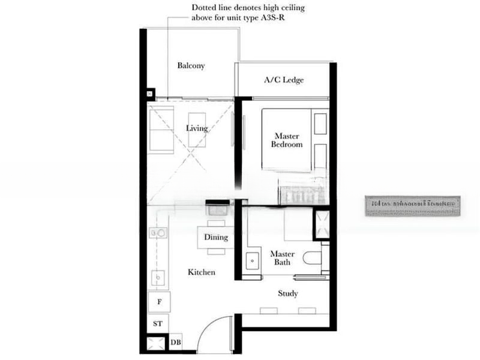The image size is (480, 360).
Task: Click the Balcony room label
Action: coord(191,66)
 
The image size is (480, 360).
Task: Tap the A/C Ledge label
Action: coord(284,80)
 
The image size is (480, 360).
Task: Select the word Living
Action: coord(197,128)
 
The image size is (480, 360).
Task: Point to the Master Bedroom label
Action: coord(286,140)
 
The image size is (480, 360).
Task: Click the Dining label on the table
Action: coord(216,238)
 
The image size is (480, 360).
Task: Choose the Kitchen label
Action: coord(201,272)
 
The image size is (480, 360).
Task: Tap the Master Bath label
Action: coord(282,258)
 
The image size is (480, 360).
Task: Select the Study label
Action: coord(288,293)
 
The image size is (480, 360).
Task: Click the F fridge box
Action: coord(159,302)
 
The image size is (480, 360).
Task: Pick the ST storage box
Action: coord(158,324)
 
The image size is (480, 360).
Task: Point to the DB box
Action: coord(175,343)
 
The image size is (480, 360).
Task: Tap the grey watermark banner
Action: coord(412,204)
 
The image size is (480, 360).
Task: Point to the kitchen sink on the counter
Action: coord(158,277)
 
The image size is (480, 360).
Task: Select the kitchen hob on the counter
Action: coord(158,233)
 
